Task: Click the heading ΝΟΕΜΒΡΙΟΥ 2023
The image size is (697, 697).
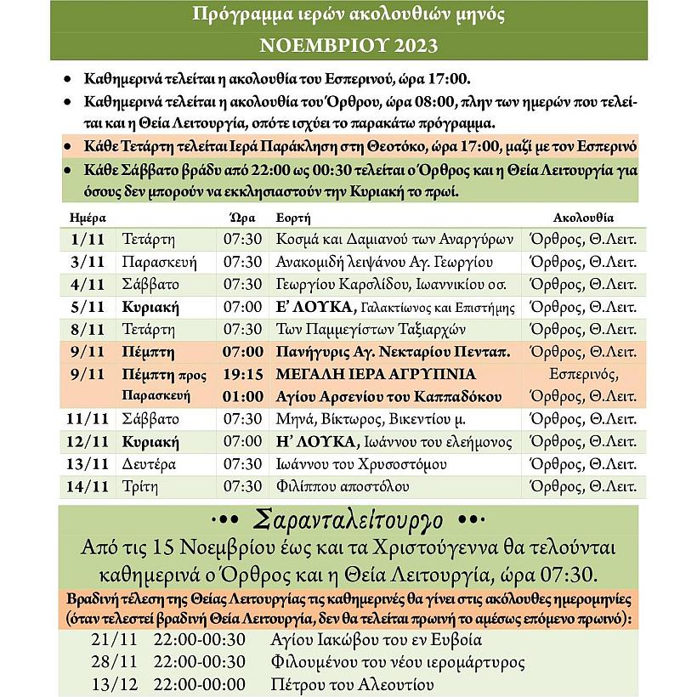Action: click(x=348, y=44)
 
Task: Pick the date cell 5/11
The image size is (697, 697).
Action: click(x=88, y=306)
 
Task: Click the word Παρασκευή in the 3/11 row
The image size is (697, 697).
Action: click(x=156, y=261)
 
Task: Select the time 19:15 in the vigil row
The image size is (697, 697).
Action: click(x=243, y=374)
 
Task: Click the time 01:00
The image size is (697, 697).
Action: click(x=243, y=397)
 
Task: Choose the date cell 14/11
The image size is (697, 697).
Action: click(x=88, y=487)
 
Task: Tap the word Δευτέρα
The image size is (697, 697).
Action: click(x=149, y=464)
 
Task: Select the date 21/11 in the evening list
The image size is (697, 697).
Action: click(x=110, y=640)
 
